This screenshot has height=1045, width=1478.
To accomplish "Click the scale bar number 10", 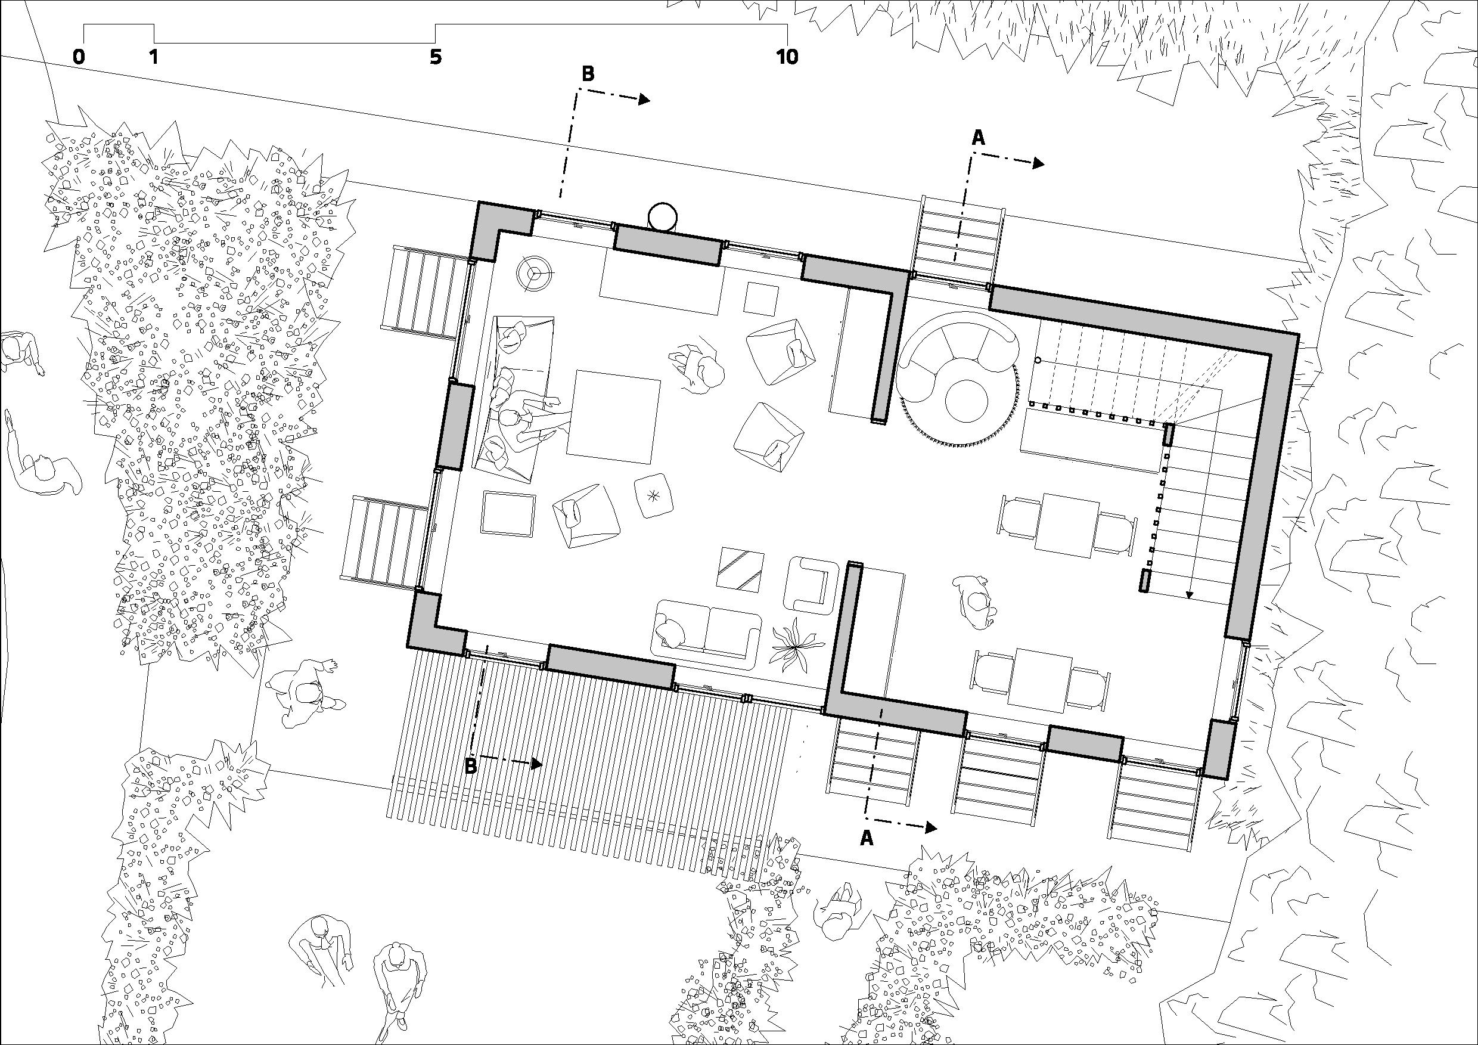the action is click(x=787, y=57).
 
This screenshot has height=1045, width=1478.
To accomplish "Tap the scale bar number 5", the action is click(x=436, y=57).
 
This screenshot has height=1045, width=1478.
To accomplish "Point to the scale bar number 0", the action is click(x=79, y=57).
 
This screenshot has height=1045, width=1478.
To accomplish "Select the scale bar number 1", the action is click(x=153, y=57).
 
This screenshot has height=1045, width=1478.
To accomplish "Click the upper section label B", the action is click(x=588, y=74).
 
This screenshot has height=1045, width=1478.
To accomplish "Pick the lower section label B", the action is click(x=471, y=765).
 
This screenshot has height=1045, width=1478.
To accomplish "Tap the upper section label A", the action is click(x=978, y=137).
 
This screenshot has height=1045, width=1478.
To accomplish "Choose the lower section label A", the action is click(x=867, y=838).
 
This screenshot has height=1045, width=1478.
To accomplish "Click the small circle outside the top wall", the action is click(x=662, y=217).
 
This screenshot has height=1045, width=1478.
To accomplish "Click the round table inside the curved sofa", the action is click(x=966, y=401).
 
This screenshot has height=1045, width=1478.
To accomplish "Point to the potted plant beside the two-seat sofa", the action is click(x=797, y=643).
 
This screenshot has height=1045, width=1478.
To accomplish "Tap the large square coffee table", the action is click(x=613, y=417).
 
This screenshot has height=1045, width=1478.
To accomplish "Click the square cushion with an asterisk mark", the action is click(x=654, y=495).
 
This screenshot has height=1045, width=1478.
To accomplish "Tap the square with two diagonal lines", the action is click(x=741, y=569).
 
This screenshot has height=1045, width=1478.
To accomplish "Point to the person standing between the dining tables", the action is click(x=976, y=602).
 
